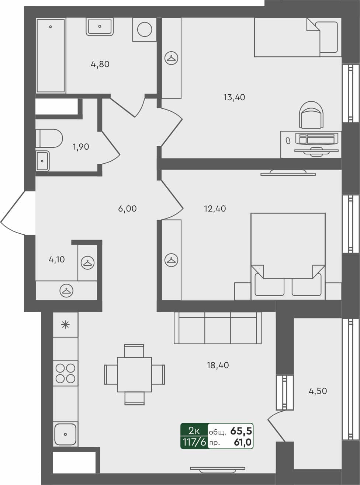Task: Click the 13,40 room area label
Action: [234, 98]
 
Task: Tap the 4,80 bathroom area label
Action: [100, 64]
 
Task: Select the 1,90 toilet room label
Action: [81, 147]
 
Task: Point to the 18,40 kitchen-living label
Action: [218, 365]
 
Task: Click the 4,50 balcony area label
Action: [318, 391]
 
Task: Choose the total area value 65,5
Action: [241, 431]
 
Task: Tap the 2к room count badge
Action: [194, 430]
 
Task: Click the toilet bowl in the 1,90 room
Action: [50, 138]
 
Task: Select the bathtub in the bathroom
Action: [51, 55]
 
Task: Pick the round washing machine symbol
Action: [144, 29]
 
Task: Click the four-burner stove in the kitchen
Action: [65, 373]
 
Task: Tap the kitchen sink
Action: [65, 434]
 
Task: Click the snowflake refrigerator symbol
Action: [65, 325]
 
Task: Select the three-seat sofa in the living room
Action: [218, 328]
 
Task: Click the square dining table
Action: [134, 374]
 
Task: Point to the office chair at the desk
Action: [312, 116]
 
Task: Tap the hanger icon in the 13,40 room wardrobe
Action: [172, 58]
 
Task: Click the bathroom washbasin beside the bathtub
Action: [99, 27]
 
